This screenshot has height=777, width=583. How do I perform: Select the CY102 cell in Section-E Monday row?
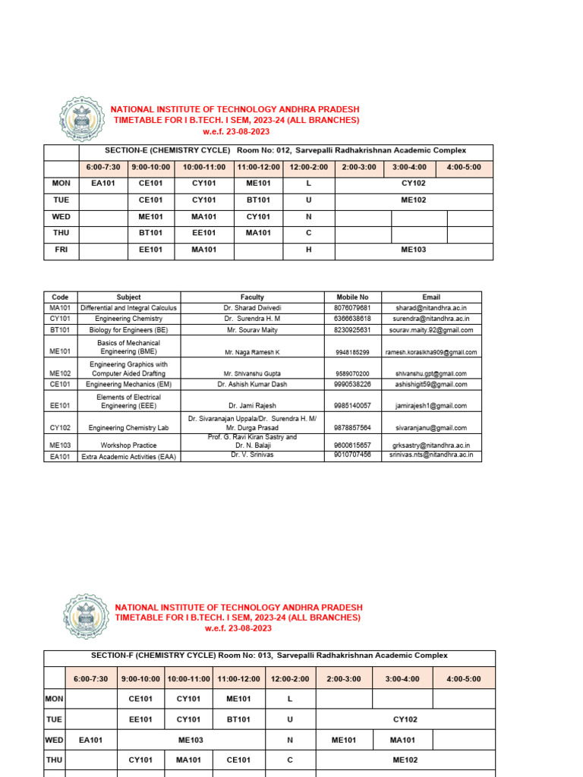(x=414, y=183)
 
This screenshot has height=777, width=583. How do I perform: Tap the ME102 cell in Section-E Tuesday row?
(x=414, y=200)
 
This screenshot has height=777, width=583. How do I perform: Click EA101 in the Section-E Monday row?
(x=103, y=183)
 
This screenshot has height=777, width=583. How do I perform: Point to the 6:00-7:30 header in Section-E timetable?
(x=103, y=167)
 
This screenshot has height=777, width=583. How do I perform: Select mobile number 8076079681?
(x=352, y=308)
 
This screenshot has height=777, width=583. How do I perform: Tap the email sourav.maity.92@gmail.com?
(x=430, y=330)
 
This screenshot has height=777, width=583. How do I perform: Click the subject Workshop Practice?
(x=129, y=445)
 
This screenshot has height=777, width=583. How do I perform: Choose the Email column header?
(x=430, y=297)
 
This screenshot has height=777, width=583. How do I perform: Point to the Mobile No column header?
(x=352, y=297)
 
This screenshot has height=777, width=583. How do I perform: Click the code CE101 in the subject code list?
(x=60, y=385)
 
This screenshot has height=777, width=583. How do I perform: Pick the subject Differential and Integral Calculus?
(x=129, y=308)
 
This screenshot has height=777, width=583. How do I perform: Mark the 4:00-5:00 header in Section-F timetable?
(x=464, y=678)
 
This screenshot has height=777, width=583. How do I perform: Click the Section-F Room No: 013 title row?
(x=269, y=656)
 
